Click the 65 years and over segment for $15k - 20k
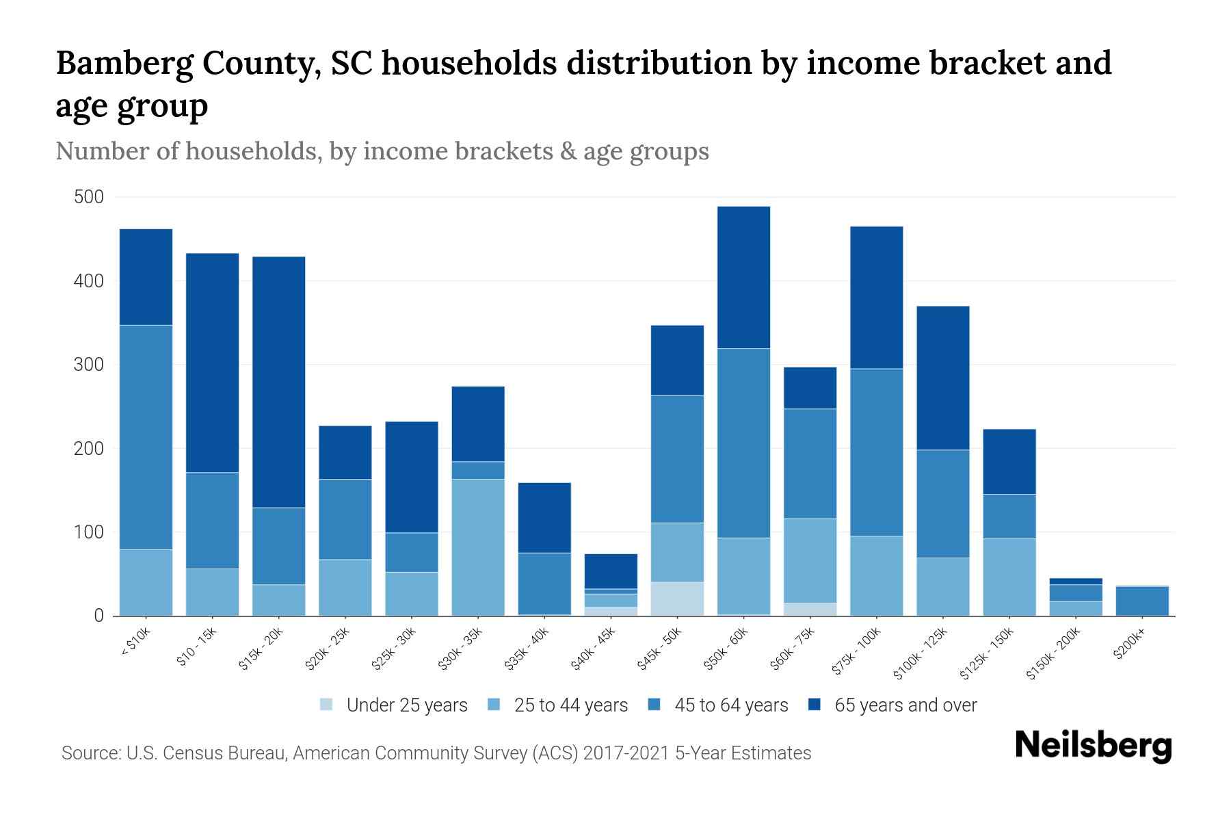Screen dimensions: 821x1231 click(278, 382)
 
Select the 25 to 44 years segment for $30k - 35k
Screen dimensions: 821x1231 click(478, 547)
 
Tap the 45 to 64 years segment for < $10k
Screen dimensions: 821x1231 click(146, 437)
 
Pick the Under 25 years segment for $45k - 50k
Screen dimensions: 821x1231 click(677, 599)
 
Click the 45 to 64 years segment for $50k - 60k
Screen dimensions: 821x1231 click(743, 443)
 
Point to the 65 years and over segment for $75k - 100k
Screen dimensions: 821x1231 click(876, 298)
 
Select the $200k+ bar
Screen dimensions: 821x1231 click(1142, 601)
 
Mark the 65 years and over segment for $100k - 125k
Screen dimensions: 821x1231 click(943, 378)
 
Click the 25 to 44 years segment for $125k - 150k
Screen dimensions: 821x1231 click(1009, 577)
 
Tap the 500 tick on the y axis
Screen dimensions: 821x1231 click(89, 198)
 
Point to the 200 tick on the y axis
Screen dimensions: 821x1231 click(89, 449)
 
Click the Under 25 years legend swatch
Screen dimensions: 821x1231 click(327, 705)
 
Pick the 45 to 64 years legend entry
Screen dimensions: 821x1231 click(730, 705)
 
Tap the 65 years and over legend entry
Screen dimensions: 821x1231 click(905, 705)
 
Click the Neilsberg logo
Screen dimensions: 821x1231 click(1093, 746)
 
